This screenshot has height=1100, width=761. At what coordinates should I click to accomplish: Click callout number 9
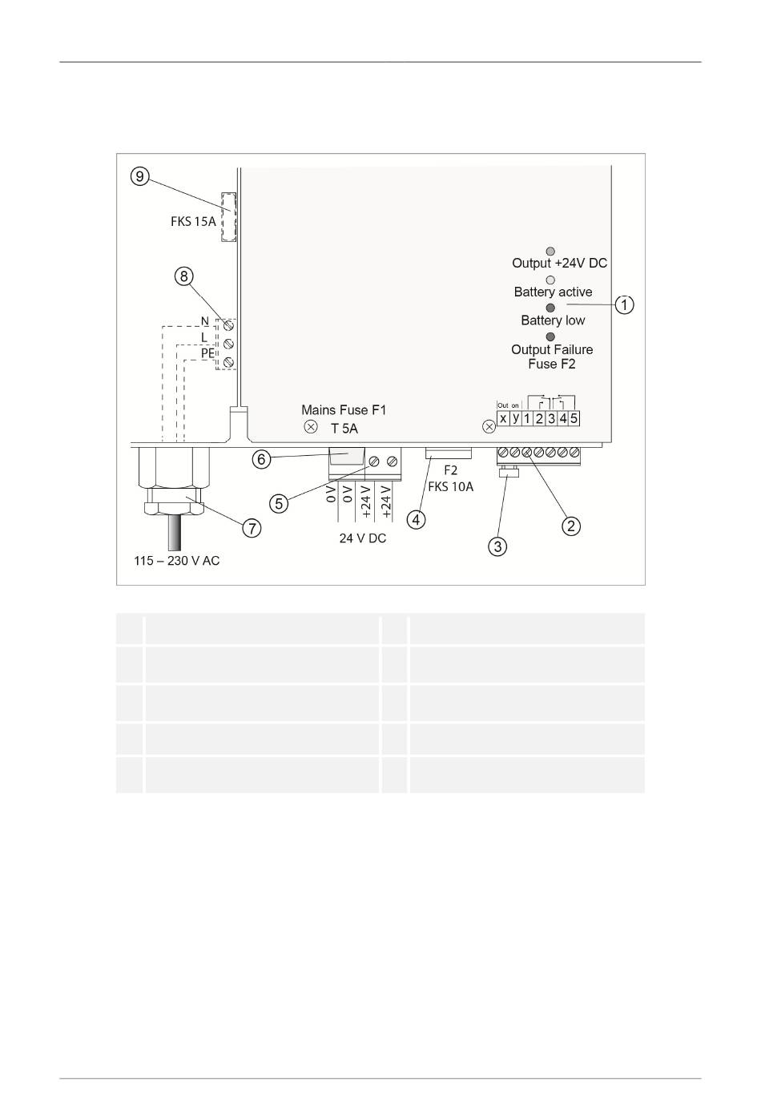(x=140, y=175)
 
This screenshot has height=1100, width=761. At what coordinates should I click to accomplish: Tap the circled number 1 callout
(x=624, y=304)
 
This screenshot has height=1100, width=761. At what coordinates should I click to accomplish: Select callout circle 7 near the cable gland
(x=252, y=528)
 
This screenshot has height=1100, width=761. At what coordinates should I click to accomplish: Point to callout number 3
(x=497, y=546)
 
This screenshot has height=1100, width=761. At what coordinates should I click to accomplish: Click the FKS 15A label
(x=193, y=221)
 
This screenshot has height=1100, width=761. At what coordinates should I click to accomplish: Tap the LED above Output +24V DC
(x=550, y=252)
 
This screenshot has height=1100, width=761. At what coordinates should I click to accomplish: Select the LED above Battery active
(x=550, y=280)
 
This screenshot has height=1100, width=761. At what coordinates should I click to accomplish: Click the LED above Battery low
(x=550, y=308)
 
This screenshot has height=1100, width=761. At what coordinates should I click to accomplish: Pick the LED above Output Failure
(x=550, y=336)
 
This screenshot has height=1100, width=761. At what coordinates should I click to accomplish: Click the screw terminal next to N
(x=228, y=325)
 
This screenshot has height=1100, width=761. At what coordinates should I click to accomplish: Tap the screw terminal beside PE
(x=228, y=362)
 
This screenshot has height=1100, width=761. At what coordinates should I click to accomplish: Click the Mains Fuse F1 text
(x=344, y=410)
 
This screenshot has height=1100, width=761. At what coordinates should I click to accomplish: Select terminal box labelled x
(x=503, y=419)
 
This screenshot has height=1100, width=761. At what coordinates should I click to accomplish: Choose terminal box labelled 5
(x=574, y=419)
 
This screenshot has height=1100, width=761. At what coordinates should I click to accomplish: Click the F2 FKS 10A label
(x=451, y=478)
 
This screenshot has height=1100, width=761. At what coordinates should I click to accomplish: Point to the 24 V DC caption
(x=362, y=538)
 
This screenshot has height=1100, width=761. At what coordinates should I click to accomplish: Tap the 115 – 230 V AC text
(x=177, y=560)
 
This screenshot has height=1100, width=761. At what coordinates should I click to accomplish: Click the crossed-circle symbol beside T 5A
(x=311, y=427)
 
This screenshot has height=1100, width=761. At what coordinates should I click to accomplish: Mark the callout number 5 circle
(x=279, y=503)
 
